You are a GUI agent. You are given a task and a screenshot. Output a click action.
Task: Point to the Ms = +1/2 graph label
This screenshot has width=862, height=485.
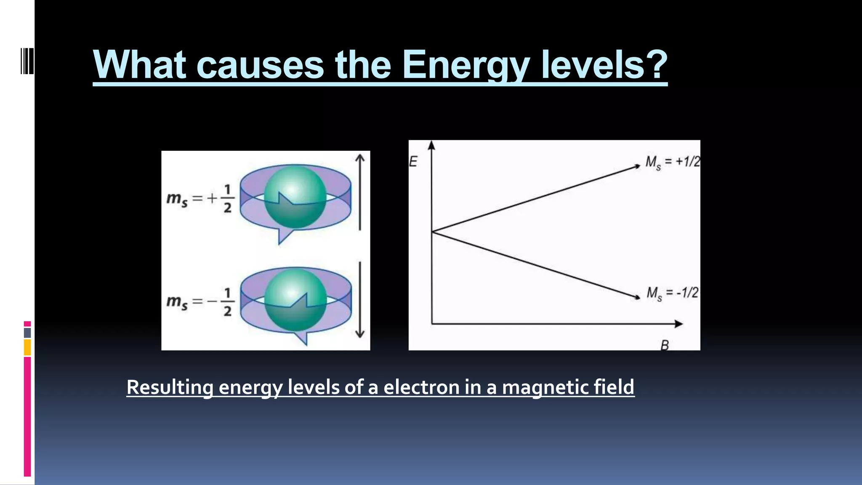pyautogui.click(x=672, y=162)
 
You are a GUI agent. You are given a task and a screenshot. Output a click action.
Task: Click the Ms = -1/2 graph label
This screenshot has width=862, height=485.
pyautogui.click(x=672, y=293)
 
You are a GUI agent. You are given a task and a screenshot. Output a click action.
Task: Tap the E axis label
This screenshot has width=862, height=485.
pyautogui.click(x=413, y=162)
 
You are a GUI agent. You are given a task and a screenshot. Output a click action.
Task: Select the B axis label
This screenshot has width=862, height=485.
pyautogui.click(x=665, y=345)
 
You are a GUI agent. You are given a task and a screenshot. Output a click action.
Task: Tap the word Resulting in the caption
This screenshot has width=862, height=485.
pyautogui.click(x=170, y=387)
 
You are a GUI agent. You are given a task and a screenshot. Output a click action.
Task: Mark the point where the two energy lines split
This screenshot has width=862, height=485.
pyautogui.click(x=432, y=232)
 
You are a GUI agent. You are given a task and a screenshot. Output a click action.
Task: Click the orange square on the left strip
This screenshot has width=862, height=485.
pyautogui.click(x=27, y=348)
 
